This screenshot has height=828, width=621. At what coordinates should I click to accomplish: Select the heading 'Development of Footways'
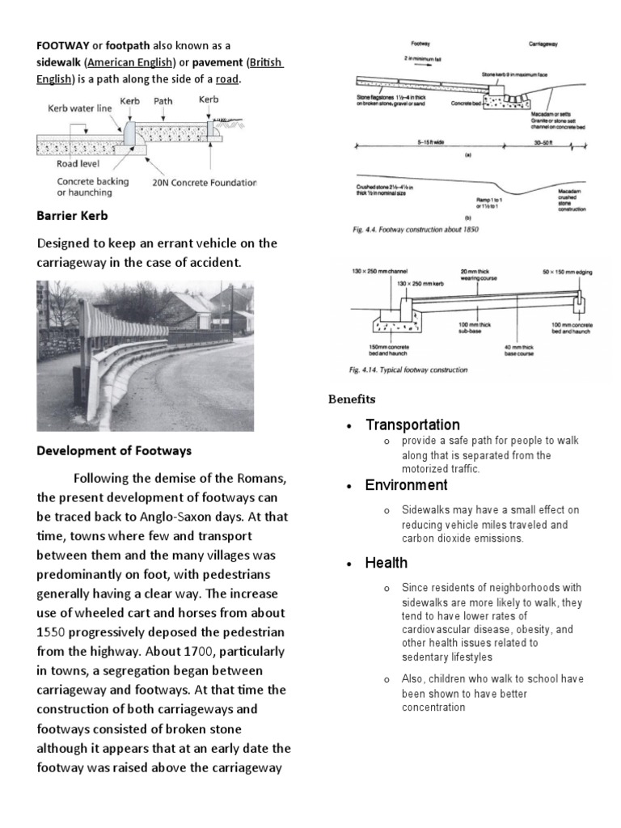point(114,450)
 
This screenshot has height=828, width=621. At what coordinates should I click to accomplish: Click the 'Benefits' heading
point(351,399)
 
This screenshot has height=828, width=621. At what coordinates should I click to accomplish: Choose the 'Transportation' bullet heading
point(412,425)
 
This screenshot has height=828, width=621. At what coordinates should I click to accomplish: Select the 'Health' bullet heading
point(387,563)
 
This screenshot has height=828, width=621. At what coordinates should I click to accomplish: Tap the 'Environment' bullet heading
point(406,485)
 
